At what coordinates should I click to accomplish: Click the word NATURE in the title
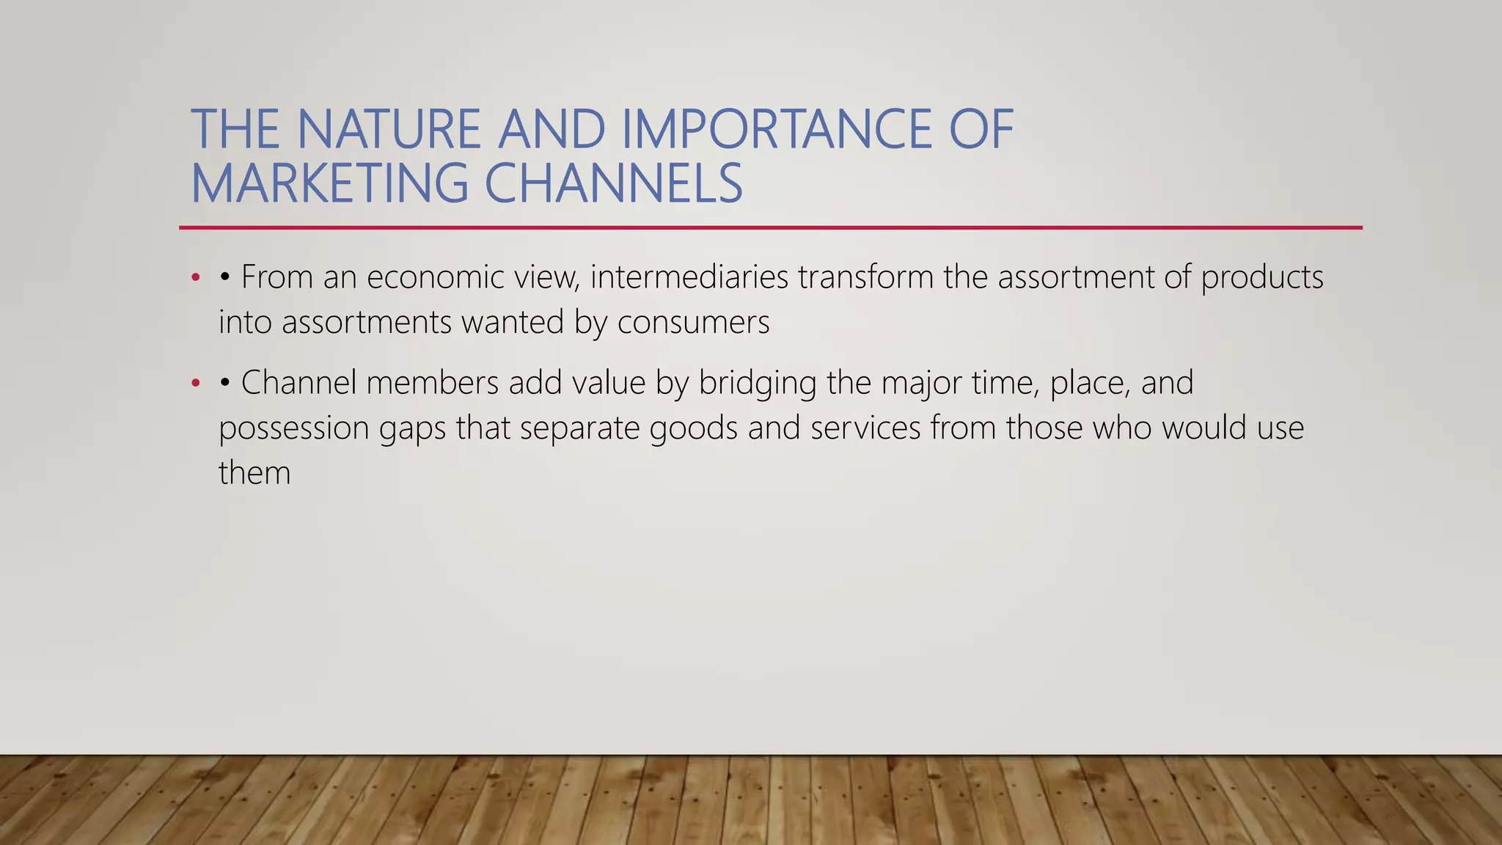point(388,129)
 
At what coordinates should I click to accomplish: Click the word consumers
point(693,323)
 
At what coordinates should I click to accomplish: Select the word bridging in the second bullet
point(757,383)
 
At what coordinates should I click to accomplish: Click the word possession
point(293,428)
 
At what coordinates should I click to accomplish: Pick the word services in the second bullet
point(865,428)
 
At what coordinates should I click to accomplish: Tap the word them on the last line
point(254,473)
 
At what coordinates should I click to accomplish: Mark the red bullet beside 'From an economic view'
point(195,278)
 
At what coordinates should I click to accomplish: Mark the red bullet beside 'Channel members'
point(195,383)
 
